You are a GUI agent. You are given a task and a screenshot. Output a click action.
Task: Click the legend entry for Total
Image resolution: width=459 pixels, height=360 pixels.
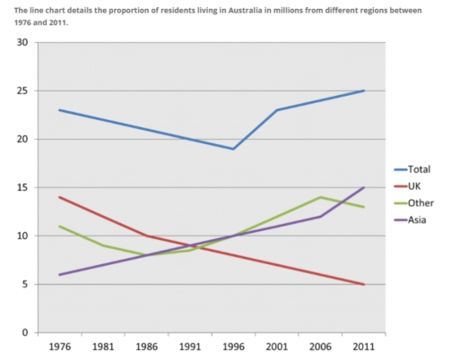pos(419,168)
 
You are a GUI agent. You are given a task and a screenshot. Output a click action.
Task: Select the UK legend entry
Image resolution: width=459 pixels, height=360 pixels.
pos(415,185)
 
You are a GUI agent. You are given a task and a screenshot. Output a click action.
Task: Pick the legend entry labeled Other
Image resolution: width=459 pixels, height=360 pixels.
pos(419,202)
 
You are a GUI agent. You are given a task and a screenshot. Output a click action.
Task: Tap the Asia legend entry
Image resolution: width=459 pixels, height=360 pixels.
pos(417,219)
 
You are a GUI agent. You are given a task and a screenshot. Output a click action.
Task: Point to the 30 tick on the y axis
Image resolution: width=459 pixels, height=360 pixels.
pos(22,42)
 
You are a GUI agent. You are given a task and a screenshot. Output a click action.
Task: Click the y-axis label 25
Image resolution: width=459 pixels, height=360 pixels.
pos(22,90)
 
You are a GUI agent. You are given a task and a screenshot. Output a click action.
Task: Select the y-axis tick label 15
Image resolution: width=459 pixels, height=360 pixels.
pos(22,187)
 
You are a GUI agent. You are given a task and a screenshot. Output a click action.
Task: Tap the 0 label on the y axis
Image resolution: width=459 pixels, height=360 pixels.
pos(25,332)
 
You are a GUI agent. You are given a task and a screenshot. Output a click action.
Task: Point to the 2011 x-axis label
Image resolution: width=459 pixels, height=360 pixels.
pos(363,347)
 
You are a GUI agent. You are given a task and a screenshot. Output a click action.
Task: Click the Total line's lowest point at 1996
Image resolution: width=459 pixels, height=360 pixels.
pos(233,149)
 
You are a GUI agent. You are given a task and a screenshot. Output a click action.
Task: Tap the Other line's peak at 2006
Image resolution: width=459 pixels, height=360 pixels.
pos(319,197)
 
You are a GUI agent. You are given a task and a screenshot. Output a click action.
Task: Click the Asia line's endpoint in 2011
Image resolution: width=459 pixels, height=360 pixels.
pos(363,187)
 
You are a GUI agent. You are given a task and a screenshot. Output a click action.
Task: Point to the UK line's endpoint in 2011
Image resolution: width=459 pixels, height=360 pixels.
pos(363,284)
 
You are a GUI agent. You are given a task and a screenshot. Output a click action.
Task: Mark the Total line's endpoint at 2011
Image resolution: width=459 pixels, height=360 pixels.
pos(363,90)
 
